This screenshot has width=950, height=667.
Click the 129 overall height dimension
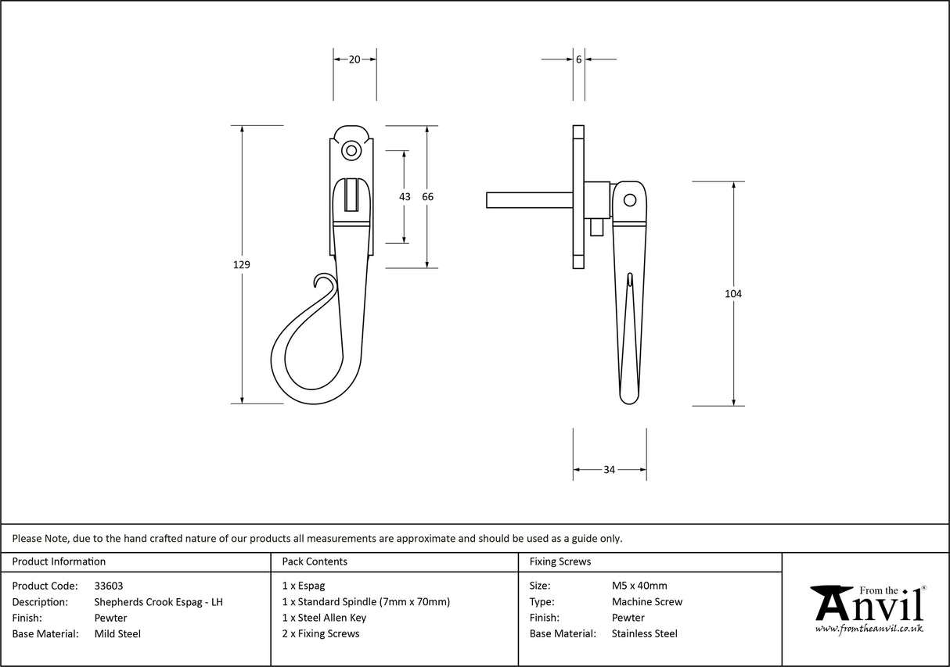(242, 265)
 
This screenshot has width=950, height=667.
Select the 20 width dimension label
(354, 59)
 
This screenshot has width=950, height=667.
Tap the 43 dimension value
(405, 197)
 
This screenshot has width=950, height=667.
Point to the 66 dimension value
(427, 197)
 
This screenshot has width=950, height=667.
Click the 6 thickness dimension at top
(578, 59)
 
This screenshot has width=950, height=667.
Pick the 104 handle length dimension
(733, 294)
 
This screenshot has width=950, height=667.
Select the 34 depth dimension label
(609, 470)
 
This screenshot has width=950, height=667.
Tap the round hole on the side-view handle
(629, 201)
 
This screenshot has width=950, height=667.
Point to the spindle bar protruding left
(527, 200)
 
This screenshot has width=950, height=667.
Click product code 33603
(108, 586)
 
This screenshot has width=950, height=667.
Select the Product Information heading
(59, 561)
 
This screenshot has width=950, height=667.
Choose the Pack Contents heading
(315, 561)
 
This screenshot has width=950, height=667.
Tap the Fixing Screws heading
(560, 561)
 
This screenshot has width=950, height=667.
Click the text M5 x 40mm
(639, 586)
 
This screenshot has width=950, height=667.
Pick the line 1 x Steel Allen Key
(324, 618)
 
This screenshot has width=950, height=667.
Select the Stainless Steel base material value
(645, 634)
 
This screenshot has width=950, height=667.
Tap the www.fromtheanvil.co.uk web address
(869, 629)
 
